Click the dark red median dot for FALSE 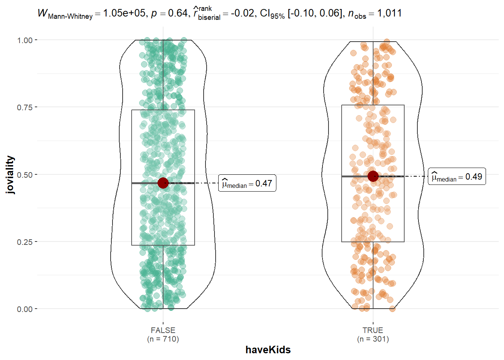[163, 183]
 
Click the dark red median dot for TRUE [373, 176]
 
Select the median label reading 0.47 [247, 183]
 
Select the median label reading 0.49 [457, 177]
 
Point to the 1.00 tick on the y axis [25, 40]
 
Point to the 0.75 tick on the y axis [25, 108]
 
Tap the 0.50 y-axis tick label [25, 175]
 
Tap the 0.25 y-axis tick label [25, 242]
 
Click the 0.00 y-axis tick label [25, 309]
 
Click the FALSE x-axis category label [163, 330]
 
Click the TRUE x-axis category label [373, 330]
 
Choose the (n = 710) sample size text [163, 339]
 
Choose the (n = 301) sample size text [373, 339]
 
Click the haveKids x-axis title [268, 350]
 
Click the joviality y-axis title [10, 175]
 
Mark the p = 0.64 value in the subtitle [169, 13]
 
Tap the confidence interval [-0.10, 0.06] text [315, 13]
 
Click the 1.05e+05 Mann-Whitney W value [124, 13]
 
